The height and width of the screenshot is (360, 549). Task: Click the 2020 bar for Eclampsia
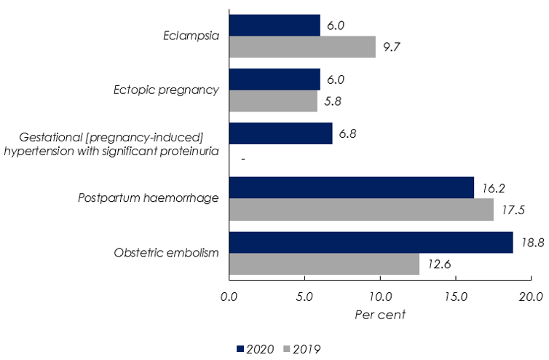pyautogui.click(x=274, y=26)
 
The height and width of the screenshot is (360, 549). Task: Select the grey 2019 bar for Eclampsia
pyautogui.click(x=302, y=47)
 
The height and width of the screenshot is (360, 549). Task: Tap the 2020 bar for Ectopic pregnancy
pyautogui.click(x=274, y=79)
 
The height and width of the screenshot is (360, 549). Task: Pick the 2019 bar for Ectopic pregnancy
pyautogui.click(x=273, y=101)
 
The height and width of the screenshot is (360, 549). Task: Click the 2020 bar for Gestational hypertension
pyautogui.click(x=280, y=133)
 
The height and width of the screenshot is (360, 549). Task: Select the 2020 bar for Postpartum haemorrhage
pyautogui.click(x=351, y=187)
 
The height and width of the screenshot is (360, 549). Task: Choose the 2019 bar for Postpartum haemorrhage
pyautogui.click(x=361, y=209)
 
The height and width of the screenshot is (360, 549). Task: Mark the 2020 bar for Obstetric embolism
pyautogui.click(x=371, y=242)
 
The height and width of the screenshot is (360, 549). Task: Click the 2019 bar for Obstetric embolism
pyautogui.click(x=324, y=264)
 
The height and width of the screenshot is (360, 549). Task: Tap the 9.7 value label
pyautogui.click(x=392, y=47)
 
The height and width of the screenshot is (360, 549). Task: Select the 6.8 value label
pyautogui.click(x=349, y=134)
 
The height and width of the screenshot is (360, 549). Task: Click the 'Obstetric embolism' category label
pyautogui.click(x=167, y=253)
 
